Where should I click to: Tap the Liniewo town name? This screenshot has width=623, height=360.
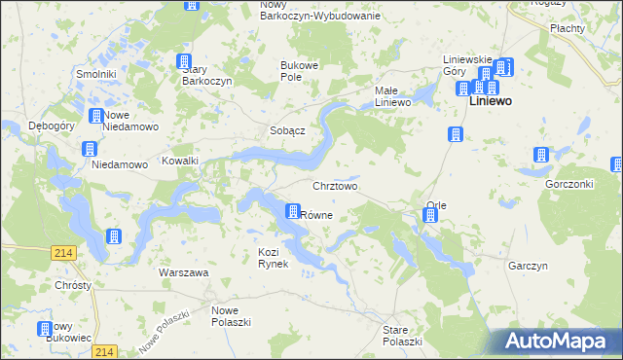491,100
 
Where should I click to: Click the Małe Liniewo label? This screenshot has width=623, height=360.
395,95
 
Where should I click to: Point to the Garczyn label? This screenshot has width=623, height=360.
529,265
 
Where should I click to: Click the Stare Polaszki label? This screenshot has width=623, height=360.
402,336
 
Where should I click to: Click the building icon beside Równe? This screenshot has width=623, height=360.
292,211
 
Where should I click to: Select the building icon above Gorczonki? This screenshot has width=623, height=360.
540,155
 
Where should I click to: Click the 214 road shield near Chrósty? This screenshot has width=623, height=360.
64,252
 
